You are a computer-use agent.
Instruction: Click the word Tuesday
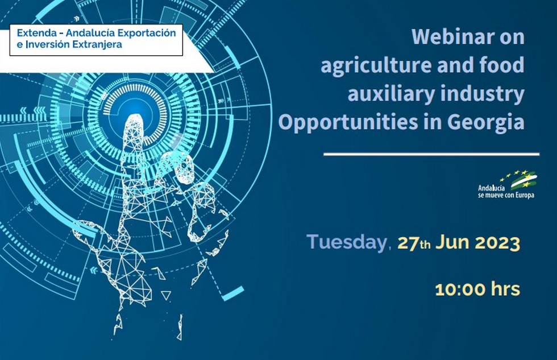(x=346, y=242)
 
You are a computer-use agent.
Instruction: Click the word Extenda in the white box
(x=37, y=33)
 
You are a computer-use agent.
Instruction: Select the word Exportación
(x=147, y=34)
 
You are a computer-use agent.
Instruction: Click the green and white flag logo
(x=524, y=180)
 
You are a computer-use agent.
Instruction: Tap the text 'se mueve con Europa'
(x=506, y=195)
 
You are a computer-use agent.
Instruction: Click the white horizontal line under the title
(x=431, y=154)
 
